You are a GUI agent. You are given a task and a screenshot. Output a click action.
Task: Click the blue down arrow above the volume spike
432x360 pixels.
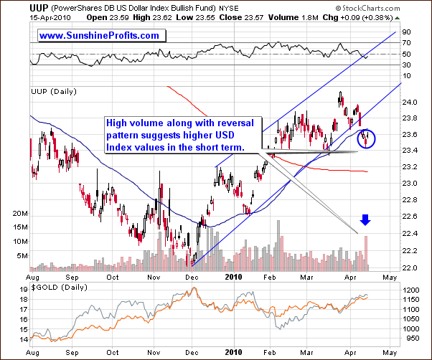click(x=366, y=219)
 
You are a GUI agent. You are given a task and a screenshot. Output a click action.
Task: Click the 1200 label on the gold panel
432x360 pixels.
click(x=415, y=290)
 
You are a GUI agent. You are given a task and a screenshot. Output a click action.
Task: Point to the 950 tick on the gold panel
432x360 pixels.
click(x=413, y=336)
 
